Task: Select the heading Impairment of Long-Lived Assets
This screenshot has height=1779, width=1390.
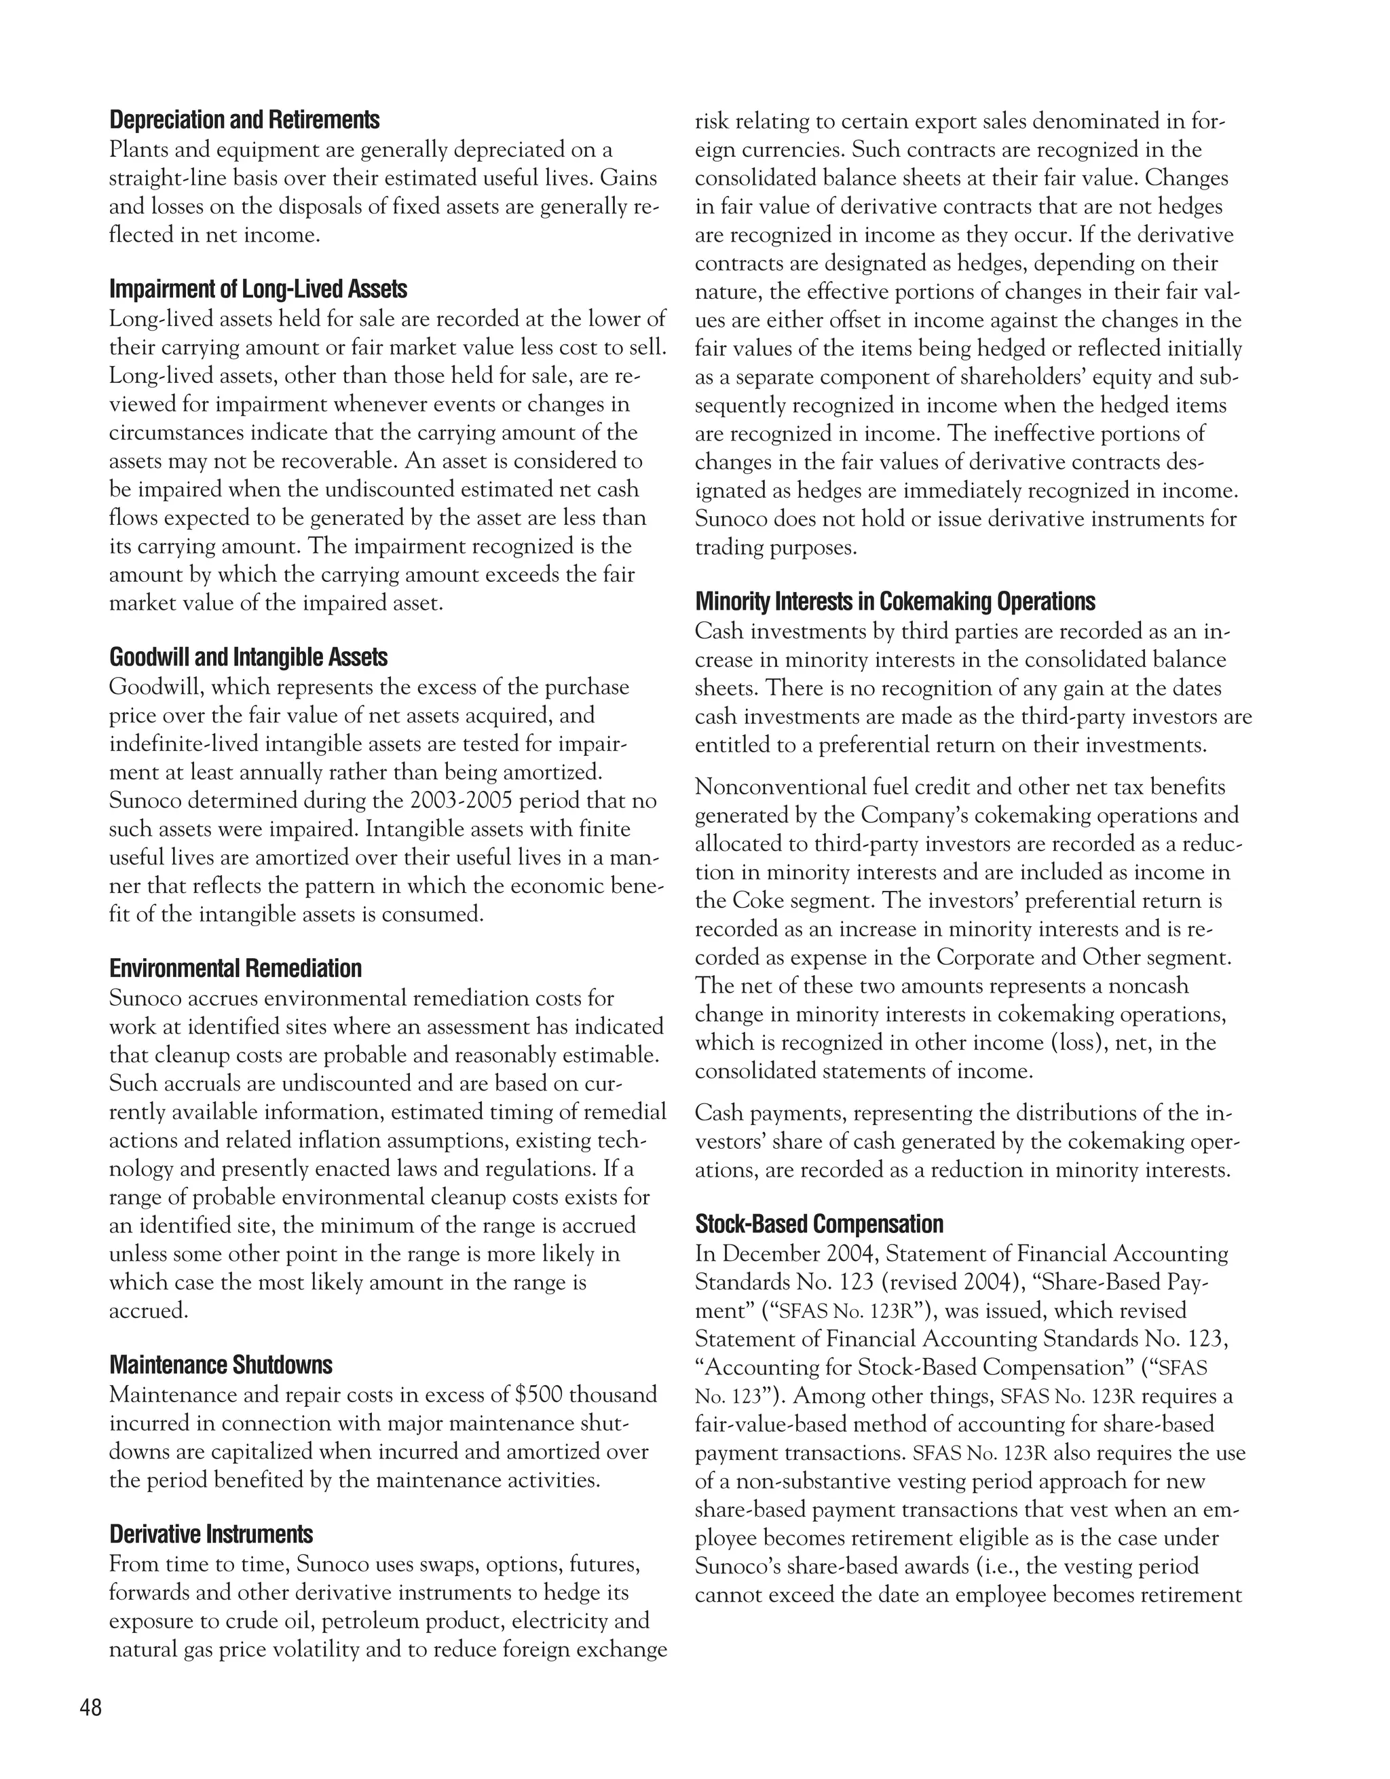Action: (258, 289)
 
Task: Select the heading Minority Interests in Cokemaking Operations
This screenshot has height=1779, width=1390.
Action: (895, 602)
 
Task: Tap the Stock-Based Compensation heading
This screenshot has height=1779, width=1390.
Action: (819, 1224)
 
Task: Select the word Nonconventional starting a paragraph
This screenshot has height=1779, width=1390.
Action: (777, 787)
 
